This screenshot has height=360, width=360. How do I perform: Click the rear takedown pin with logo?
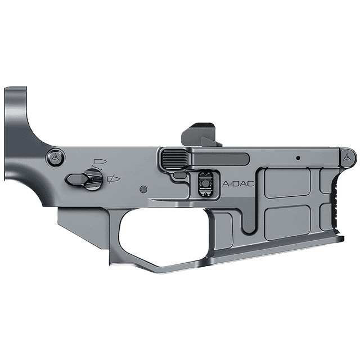coord(55,157)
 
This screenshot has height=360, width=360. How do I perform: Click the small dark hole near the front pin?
coord(299,158)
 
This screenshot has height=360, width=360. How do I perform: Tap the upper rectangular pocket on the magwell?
coord(287,182)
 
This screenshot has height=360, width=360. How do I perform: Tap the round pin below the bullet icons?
coord(144,189)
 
